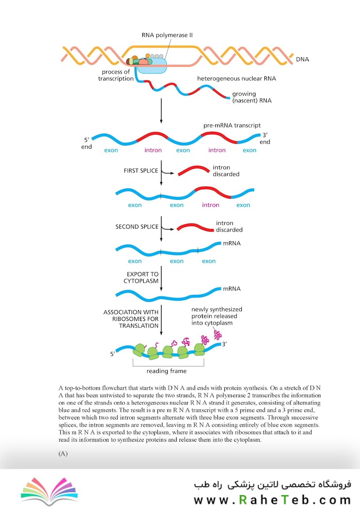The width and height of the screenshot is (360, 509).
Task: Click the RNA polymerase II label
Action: (x=167, y=35)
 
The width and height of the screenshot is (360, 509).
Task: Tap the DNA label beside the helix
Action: (x=302, y=59)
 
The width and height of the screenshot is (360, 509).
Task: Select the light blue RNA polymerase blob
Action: (x=152, y=66)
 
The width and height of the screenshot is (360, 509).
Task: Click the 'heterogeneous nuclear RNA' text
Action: (x=237, y=78)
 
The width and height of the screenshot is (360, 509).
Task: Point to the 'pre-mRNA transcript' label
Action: (x=232, y=125)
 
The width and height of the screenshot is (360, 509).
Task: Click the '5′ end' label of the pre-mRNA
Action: (x=86, y=143)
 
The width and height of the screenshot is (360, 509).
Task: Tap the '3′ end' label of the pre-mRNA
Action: (x=265, y=138)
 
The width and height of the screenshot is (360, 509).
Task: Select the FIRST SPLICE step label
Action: (x=140, y=171)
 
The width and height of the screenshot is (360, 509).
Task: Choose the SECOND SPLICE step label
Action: (x=137, y=227)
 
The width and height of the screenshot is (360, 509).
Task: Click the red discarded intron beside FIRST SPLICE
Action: (x=194, y=170)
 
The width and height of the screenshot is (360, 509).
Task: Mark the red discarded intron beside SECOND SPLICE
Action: (x=195, y=227)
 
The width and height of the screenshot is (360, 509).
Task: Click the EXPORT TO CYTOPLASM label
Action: (x=141, y=278)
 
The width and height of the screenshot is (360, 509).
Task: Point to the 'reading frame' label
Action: (x=166, y=371)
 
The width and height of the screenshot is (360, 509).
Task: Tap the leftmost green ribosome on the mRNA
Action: (x=139, y=350)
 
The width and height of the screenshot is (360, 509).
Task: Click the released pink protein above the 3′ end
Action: (x=218, y=335)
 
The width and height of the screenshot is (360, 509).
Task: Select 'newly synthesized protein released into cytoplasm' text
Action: (x=217, y=316)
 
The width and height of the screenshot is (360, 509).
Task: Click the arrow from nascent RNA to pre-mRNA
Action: (x=161, y=111)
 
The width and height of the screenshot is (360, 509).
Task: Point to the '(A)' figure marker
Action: (x=63, y=453)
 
